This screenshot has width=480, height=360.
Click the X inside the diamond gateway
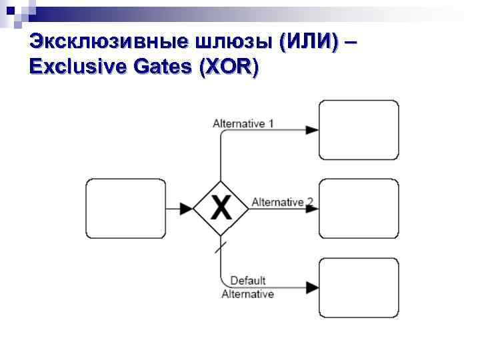(x=221, y=208)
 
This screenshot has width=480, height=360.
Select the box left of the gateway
(x=127, y=209)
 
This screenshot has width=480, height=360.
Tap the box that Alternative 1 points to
(x=359, y=129)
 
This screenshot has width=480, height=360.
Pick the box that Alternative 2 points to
(x=359, y=208)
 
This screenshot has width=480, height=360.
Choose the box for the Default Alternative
(x=359, y=287)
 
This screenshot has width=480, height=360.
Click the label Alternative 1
(x=243, y=123)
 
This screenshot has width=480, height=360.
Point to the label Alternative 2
(x=282, y=202)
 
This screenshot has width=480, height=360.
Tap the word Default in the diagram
(x=248, y=281)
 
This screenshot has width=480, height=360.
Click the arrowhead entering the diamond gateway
(x=187, y=209)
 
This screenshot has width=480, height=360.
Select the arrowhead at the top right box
(x=312, y=130)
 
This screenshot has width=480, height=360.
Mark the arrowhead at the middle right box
(x=312, y=209)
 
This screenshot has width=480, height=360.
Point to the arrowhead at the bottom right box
(x=312, y=287)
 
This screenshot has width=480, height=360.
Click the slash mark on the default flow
(x=221, y=247)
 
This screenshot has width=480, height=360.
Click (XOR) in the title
(x=229, y=67)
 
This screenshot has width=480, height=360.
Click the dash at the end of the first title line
(x=351, y=43)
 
